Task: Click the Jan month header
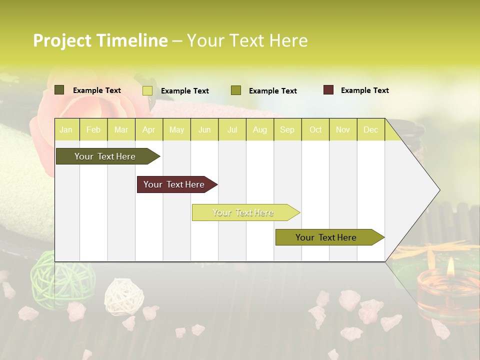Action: pyautogui.click(x=66, y=129)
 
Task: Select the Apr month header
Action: pyautogui.click(x=148, y=129)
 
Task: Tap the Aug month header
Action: pyautogui.click(x=259, y=129)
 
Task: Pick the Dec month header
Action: pyautogui.click(x=370, y=129)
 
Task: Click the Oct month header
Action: pyautogui.click(x=315, y=129)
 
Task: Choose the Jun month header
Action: pyautogui.click(x=204, y=129)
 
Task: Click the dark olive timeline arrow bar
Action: pyautogui.click(x=105, y=156)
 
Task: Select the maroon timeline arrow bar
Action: pyautogui.click(x=174, y=184)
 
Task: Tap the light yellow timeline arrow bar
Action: pyautogui.click(x=243, y=212)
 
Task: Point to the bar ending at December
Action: pyautogui.click(x=326, y=237)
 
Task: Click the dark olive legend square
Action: pyautogui.click(x=59, y=90)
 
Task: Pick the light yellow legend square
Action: pyautogui.click(x=147, y=90)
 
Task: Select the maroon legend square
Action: pyautogui.click(x=328, y=90)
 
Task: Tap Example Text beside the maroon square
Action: pyautogui.click(x=364, y=90)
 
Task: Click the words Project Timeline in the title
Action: pyautogui.click(x=100, y=40)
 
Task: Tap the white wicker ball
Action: pyautogui.click(x=116, y=292)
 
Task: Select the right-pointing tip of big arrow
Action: pyautogui.click(x=438, y=190)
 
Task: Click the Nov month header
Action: pyautogui.click(x=342, y=129)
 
